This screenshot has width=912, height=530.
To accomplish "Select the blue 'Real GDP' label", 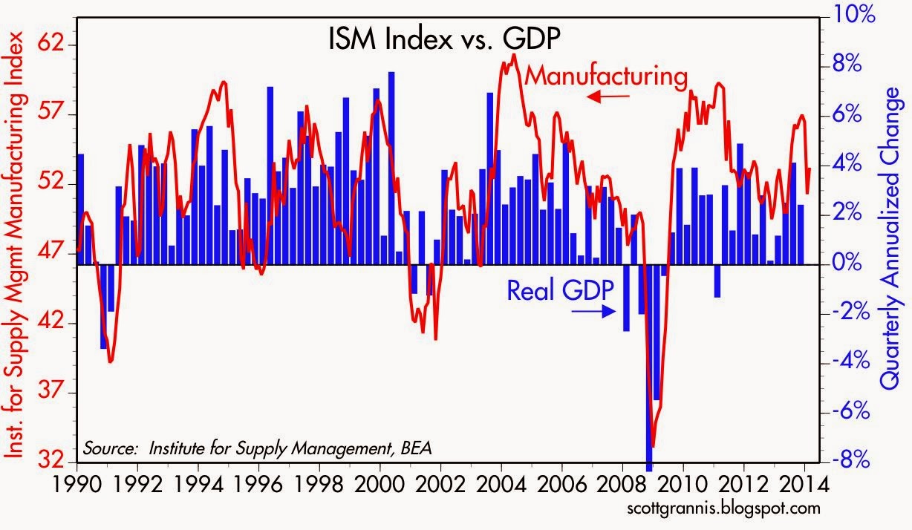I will click(560, 290).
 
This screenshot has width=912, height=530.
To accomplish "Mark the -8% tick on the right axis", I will click(847, 461).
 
